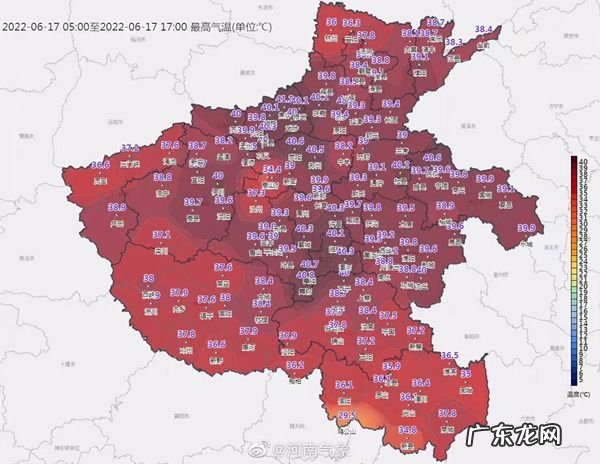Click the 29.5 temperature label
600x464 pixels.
click(x=347, y=415)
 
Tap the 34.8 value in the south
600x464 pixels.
click(x=407, y=430)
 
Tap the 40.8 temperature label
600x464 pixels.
click(x=307, y=275)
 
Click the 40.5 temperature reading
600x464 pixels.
click(x=315, y=150)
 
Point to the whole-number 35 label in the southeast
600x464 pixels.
click(x=466, y=373)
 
